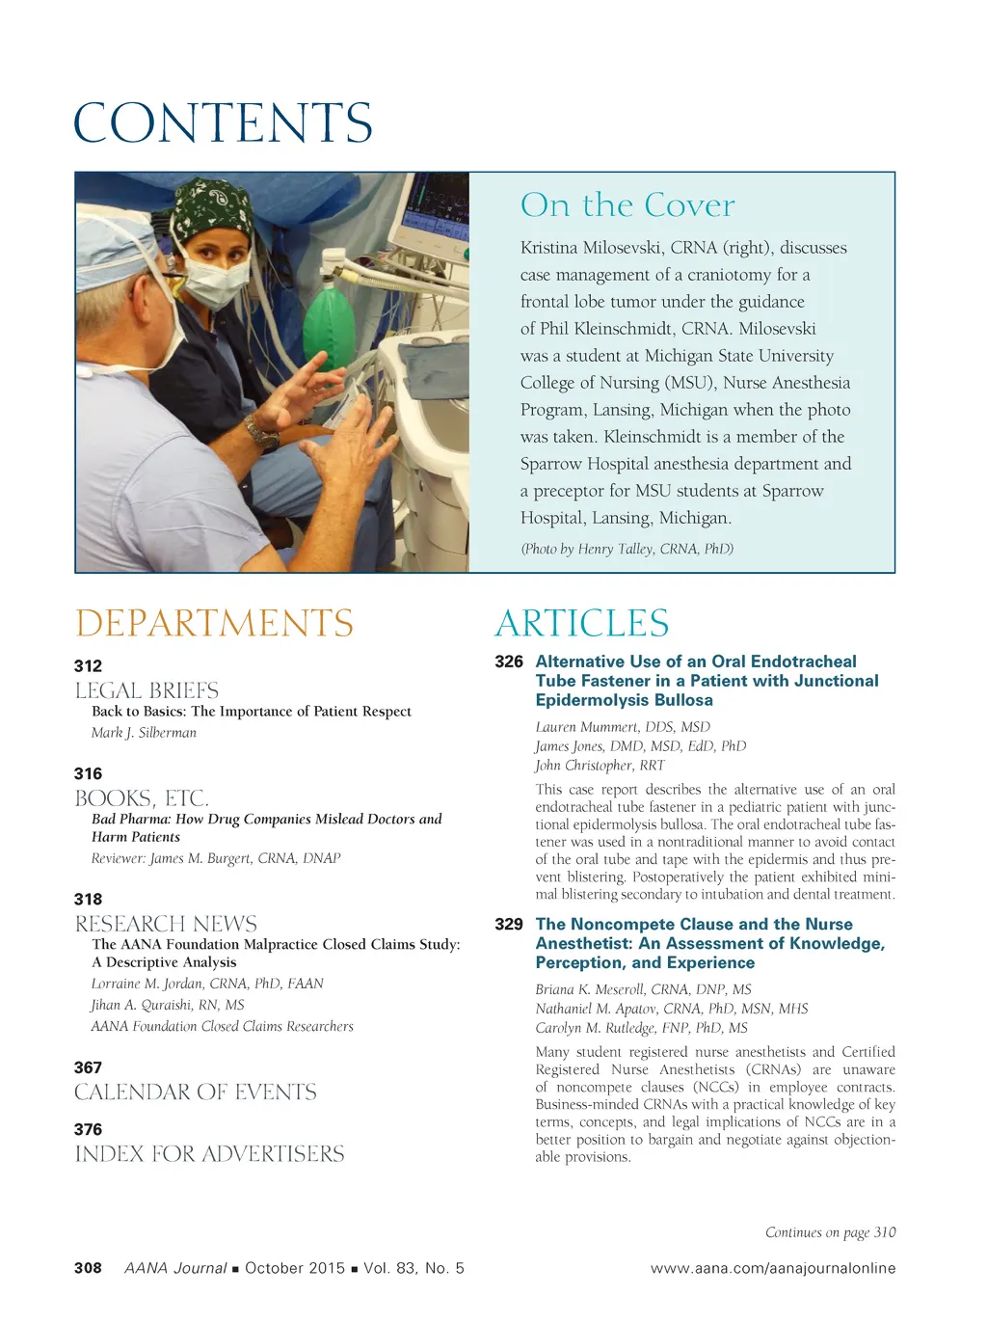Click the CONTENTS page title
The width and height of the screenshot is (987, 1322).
[x=223, y=123]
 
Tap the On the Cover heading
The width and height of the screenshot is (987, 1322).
[x=627, y=205]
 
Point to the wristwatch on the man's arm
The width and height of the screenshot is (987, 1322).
[x=261, y=432]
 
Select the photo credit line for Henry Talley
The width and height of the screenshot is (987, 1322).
[x=627, y=549]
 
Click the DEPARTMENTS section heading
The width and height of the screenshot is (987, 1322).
[x=214, y=624]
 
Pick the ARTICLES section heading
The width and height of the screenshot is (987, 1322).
[x=581, y=624]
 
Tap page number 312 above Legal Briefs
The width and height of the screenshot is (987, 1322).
[x=88, y=665]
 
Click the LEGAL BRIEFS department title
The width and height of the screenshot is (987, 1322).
[x=147, y=690]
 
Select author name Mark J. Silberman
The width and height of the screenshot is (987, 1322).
[x=144, y=733]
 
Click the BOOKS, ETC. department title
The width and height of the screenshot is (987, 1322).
[x=142, y=798]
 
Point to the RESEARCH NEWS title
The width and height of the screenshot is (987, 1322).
[x=166, y=924]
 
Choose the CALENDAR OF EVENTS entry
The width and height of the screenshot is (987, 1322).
[x=196, y=1093]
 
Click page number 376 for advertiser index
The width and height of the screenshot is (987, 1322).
[x=88, y=1129]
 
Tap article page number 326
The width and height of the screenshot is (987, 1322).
[x=509, y=661]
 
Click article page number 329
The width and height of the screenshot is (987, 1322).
[x=509, y=924]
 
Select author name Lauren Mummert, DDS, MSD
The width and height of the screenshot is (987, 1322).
[x=623, y=727]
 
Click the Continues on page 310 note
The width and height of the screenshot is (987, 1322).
[x=830, y=1232]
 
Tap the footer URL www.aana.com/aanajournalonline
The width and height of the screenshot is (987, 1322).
[x=773, y=1268]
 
